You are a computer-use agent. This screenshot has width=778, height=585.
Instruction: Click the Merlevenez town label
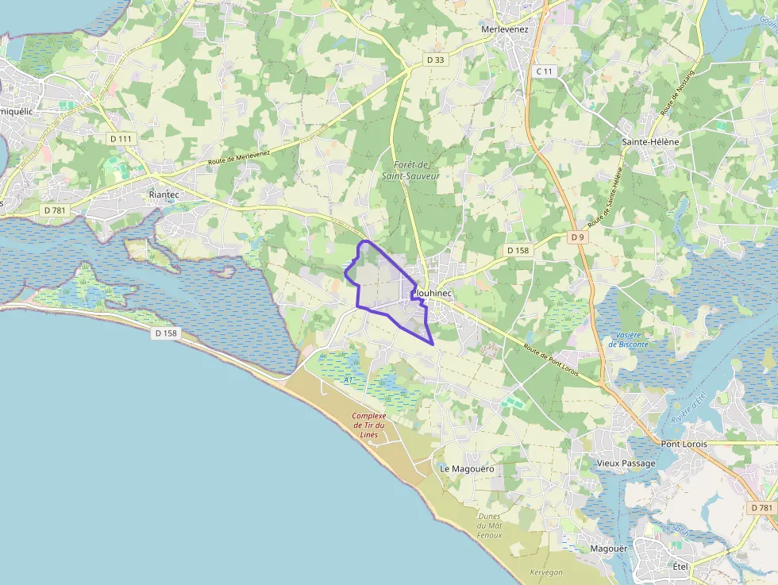pos(506,29)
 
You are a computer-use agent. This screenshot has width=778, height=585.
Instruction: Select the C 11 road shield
pos(543,71)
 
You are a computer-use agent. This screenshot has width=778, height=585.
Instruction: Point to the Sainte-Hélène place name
pos(650,141)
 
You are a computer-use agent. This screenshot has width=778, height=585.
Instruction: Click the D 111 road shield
pos(121,139)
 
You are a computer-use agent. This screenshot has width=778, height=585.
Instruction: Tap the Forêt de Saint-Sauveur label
pos(410,170)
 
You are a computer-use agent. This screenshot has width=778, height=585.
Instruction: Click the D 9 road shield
pos(577,237)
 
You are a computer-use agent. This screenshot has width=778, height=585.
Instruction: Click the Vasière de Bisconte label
pos(628,339)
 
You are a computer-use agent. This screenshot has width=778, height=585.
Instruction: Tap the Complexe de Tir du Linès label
pos(368,425)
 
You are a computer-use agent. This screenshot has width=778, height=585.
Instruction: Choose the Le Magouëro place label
pos(467,469)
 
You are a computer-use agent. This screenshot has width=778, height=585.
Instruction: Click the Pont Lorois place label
pos(684,444)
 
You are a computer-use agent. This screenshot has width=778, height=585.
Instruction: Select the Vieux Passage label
pos(626,464)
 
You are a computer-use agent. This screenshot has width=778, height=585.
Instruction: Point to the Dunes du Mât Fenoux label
pos(489,525)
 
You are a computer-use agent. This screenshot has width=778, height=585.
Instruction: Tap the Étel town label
pos(680,566)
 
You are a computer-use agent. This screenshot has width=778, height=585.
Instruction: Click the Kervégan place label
pos(545,572)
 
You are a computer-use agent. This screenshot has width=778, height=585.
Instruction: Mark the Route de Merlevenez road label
pos(239,157)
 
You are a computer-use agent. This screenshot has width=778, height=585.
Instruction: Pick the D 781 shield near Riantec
pos(54,210)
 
